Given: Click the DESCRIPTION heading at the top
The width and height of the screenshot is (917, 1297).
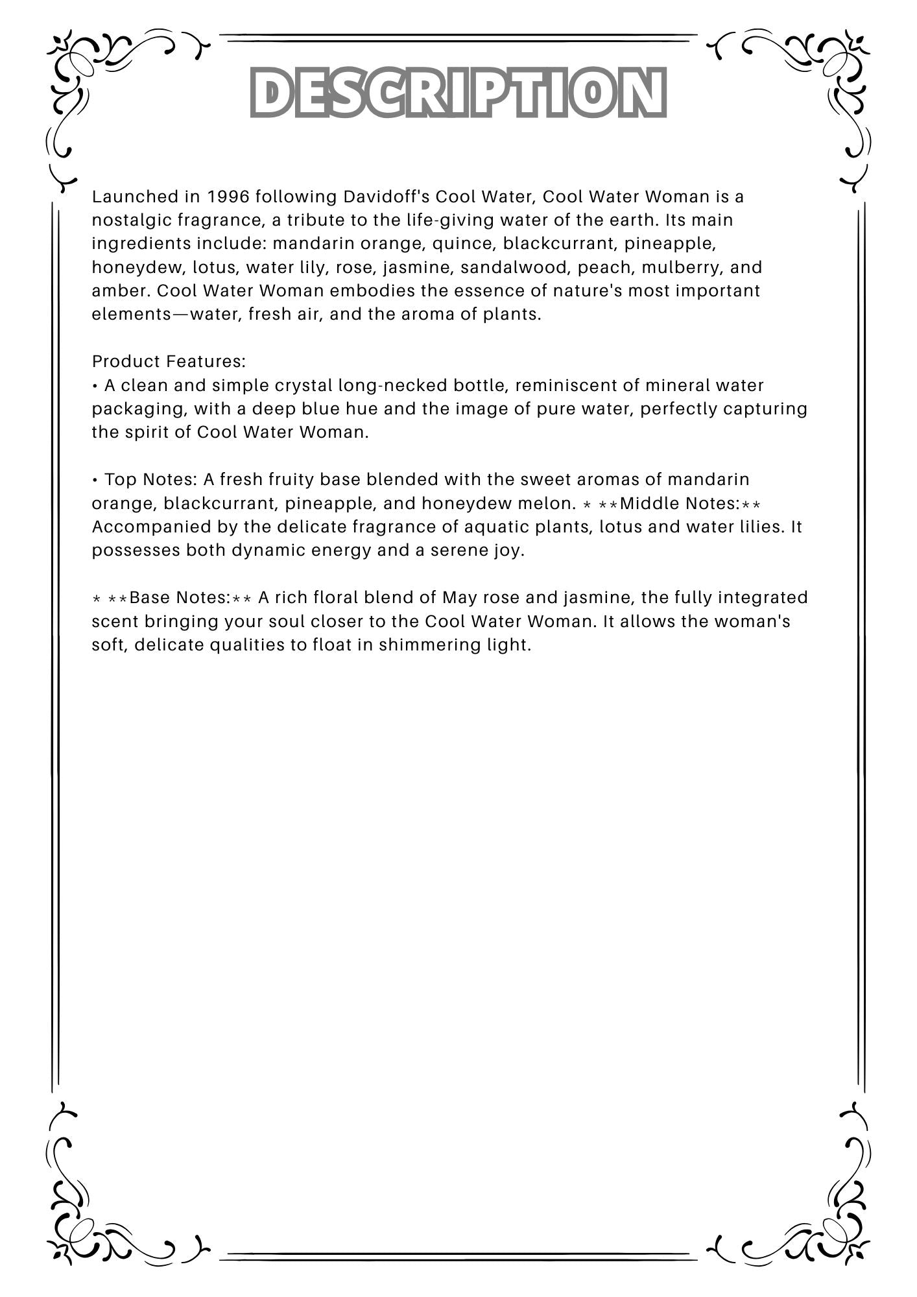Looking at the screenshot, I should pyautogui.click(x=458, y=92).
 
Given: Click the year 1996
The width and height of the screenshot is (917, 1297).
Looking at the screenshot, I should pyautogui.click(x=228, y=196).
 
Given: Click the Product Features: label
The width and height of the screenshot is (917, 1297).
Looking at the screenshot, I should pyautogui.click(x=169, y=361).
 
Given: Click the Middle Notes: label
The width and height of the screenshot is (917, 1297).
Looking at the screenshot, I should pyautogui.click(x=680, y=503).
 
